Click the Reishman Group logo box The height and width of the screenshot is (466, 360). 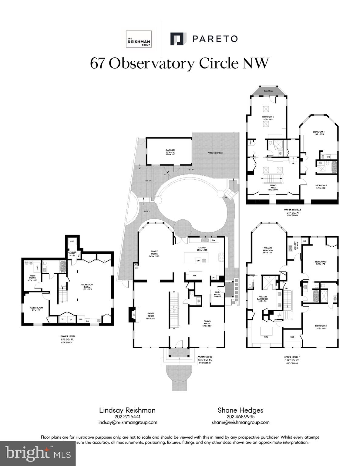(x=139, y=39)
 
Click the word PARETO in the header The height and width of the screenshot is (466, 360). (x=215, y=39)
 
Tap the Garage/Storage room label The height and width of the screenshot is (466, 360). (x=170, y=152)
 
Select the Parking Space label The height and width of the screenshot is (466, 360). (x=215, y=153)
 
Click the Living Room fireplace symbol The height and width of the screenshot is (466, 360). (x=133, y=314)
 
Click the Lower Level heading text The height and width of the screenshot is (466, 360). (x=67, y=336)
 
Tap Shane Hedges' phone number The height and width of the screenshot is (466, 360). (x=240, y=417)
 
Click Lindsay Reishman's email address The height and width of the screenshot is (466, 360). (x=127, y=422)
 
